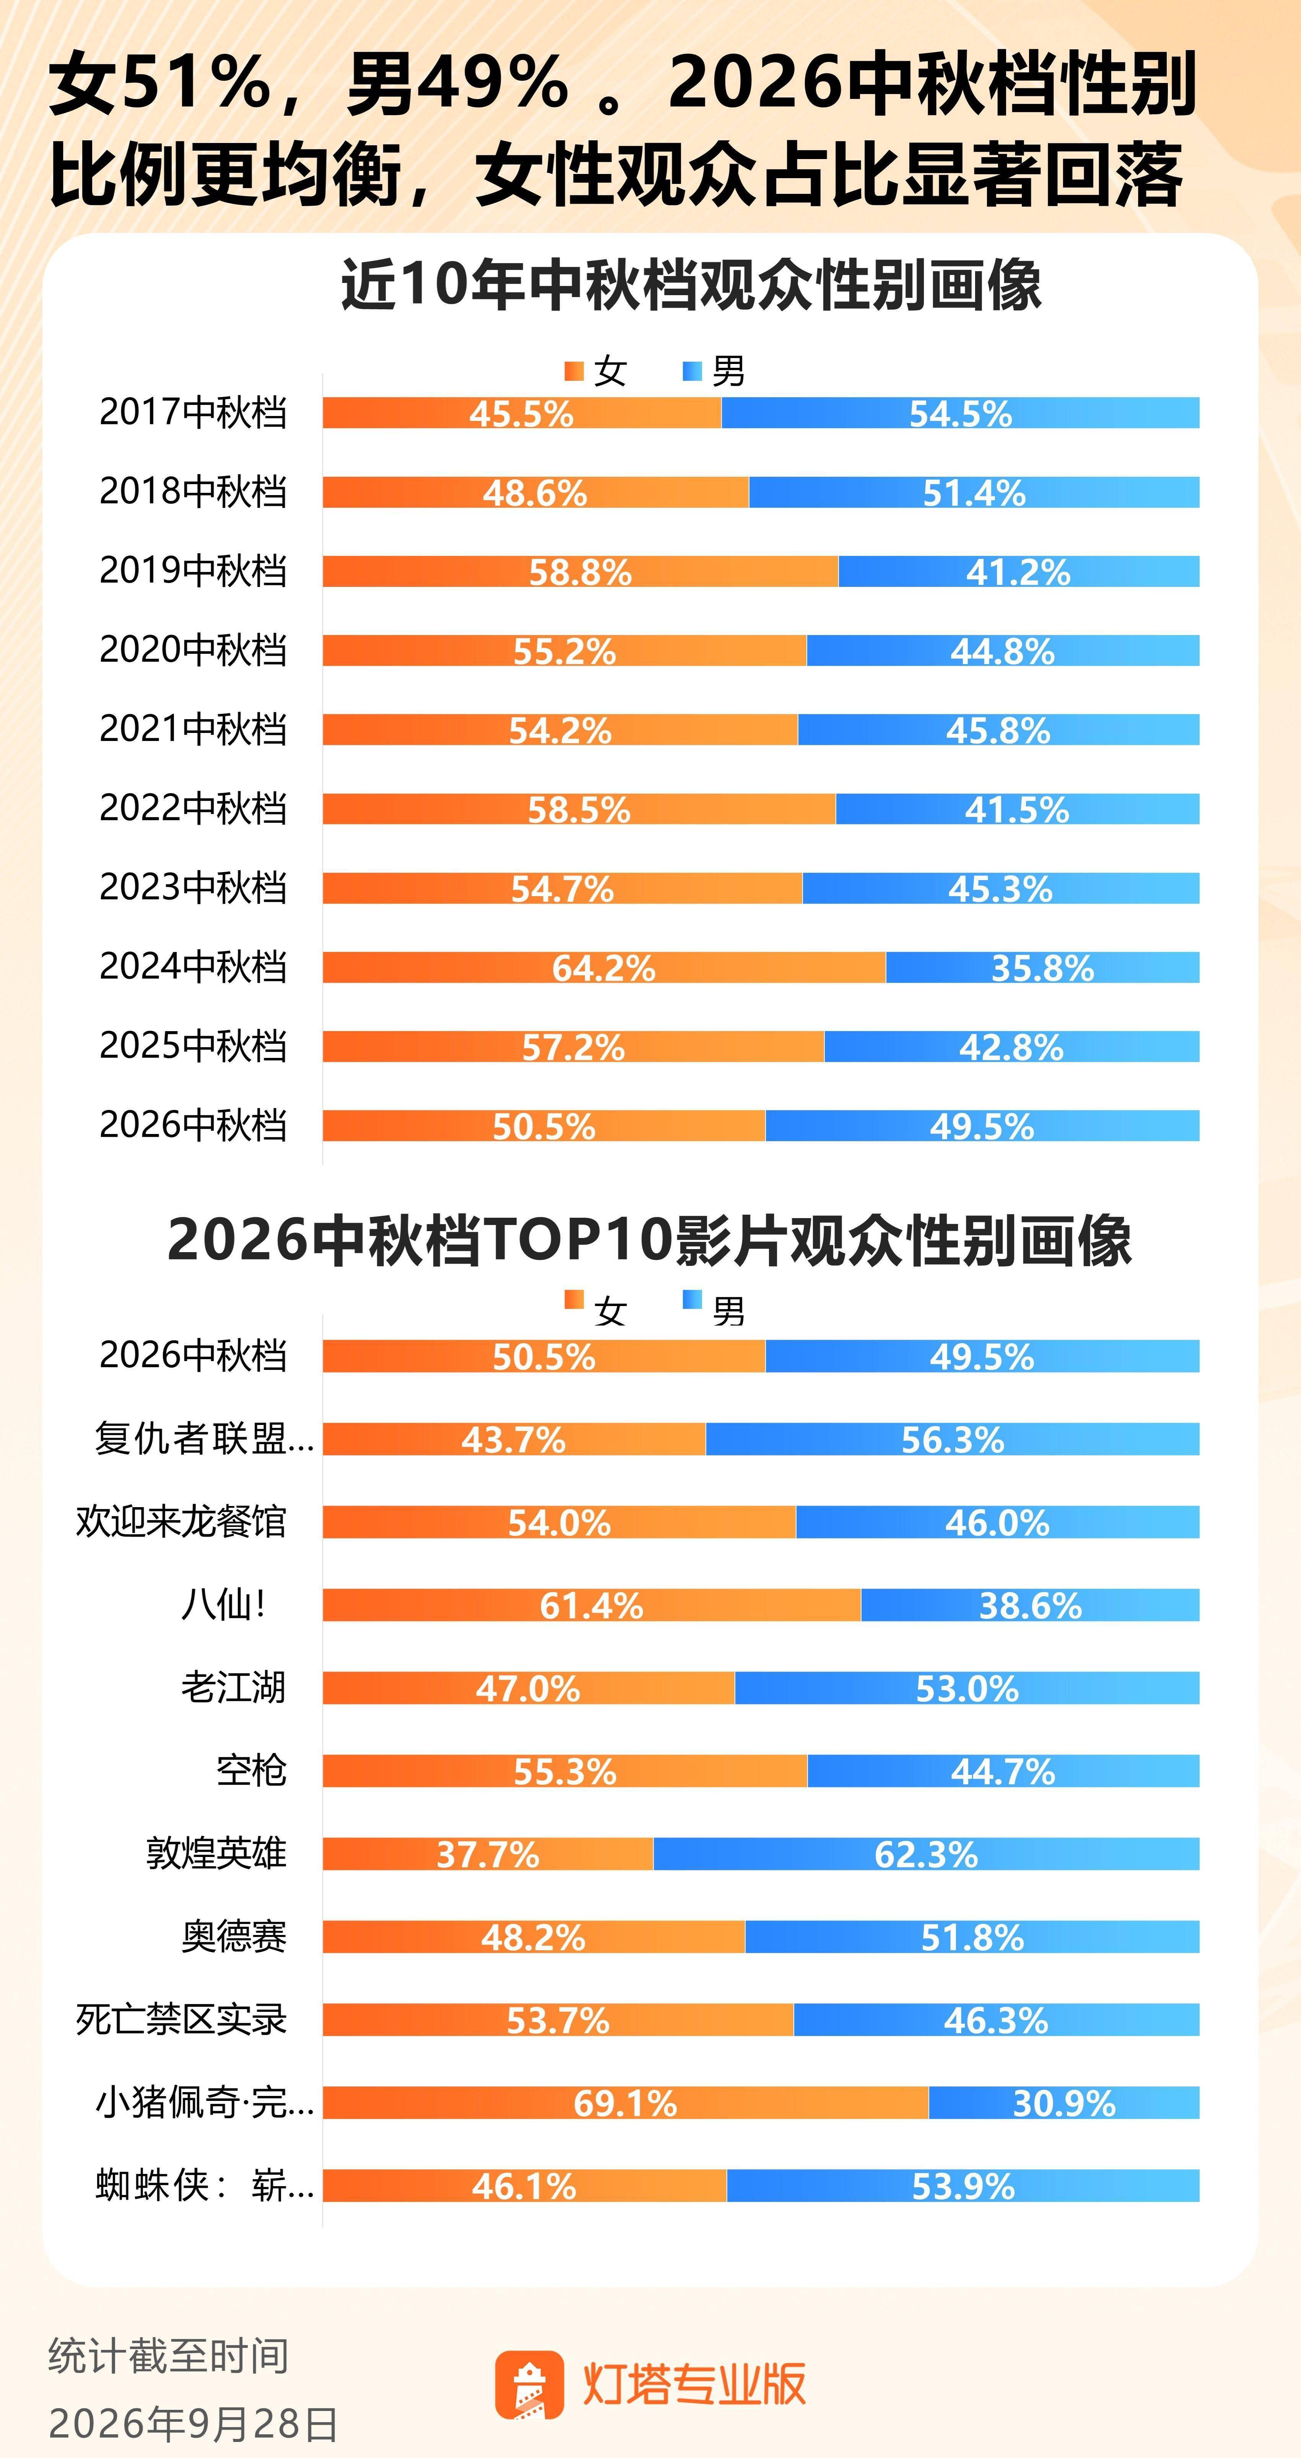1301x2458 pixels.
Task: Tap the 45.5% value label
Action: [521, 414]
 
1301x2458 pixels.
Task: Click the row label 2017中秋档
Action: [193, 412]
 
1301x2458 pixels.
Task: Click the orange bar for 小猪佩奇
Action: [625, 2102]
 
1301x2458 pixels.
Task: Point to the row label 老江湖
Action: [234, 1687]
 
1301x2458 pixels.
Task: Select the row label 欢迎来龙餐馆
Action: [181, 1521]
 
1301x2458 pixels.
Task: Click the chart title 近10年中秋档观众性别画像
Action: [691, 284]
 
